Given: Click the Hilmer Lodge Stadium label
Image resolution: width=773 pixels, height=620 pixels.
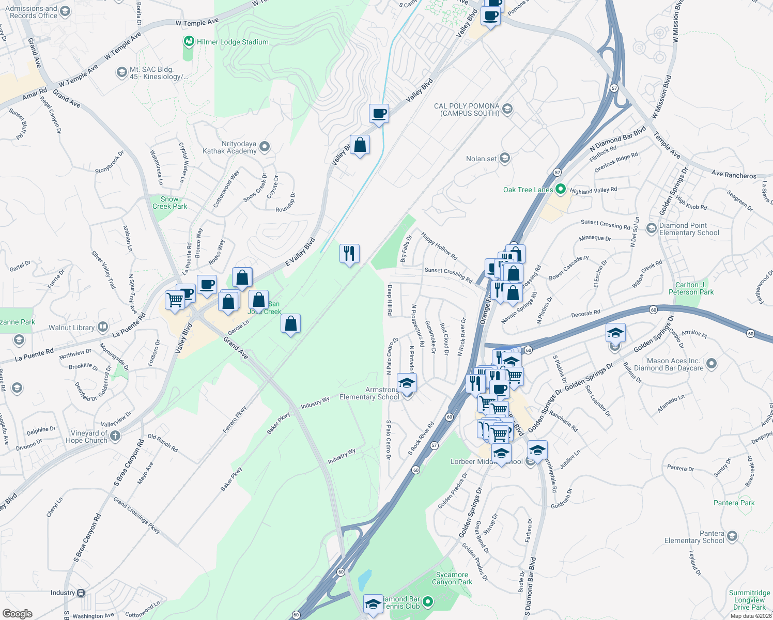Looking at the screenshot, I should tap(233, 42).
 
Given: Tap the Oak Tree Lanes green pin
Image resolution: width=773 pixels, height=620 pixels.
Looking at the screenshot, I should tap(561, 190).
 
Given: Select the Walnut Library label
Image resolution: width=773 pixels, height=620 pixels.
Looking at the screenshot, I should tap(72, 328).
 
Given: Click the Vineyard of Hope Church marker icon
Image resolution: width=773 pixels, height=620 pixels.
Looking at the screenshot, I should tap(115, 436).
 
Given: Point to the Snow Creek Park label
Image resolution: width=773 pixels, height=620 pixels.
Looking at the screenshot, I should tap(169, 203).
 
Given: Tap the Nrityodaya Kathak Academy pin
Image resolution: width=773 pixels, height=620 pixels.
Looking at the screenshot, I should tap(265, 147).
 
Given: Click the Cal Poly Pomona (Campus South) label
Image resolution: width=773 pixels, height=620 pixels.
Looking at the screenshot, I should tap(467, 110).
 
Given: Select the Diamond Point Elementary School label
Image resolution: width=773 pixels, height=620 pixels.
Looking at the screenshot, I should tap(689, 229).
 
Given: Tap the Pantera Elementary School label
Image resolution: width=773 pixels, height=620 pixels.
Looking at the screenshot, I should tap(694, 537).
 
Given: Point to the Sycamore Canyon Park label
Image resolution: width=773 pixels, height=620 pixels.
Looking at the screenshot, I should tap(452, 578).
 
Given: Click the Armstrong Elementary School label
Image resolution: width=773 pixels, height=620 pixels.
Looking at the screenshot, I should tap(369, 394).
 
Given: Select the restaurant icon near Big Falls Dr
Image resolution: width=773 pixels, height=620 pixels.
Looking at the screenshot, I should tap(350, 254).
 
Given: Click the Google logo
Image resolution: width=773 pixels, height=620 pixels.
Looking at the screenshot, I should tap(18, 613).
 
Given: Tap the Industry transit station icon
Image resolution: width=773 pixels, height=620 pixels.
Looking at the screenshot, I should tap(81, 593).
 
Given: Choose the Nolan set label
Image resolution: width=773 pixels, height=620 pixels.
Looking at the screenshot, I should tap(481, 159).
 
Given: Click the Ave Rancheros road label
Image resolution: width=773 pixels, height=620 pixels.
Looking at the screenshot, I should tap(734, 175).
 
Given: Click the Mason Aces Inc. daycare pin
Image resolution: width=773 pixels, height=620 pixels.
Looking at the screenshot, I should tap(712, 364).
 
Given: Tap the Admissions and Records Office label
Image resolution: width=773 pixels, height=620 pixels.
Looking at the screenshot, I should tap(31, 12).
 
